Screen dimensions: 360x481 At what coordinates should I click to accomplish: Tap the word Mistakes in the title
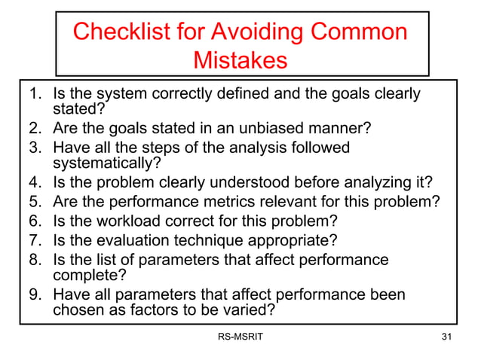pos(240,59)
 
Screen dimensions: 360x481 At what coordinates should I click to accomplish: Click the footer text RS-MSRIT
pos(240,336)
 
